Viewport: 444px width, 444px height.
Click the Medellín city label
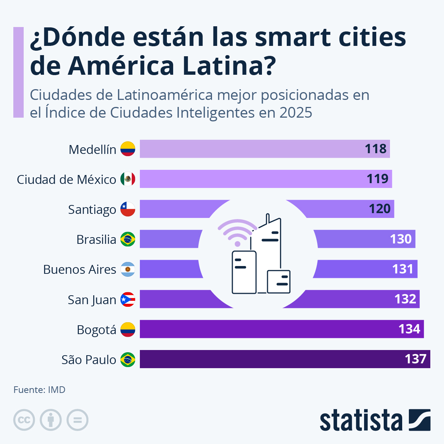[92, 149]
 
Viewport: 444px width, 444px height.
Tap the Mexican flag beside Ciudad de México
[128, 179]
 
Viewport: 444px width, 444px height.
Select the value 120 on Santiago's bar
[380, 209]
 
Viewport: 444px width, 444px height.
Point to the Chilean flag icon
[128, 209]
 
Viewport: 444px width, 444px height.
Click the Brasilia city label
[96, 239]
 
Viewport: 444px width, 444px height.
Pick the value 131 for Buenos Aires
[403, 269]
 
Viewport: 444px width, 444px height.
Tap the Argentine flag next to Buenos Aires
[128, 269]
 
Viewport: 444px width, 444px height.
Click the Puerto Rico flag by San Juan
[128, 299]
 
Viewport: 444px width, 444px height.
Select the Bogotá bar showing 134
[281, 329]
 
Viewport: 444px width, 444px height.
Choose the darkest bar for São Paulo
[281, 359]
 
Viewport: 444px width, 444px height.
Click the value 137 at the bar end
[416, 359]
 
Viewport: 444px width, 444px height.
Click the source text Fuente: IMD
[39, 390]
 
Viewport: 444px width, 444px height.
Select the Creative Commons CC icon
[24, 420]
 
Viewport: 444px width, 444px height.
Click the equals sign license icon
[77, 420]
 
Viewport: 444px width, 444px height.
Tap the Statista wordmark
[361, 420]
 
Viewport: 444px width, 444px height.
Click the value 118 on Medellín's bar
[376, 149]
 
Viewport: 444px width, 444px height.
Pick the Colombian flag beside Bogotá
[128, 329]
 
